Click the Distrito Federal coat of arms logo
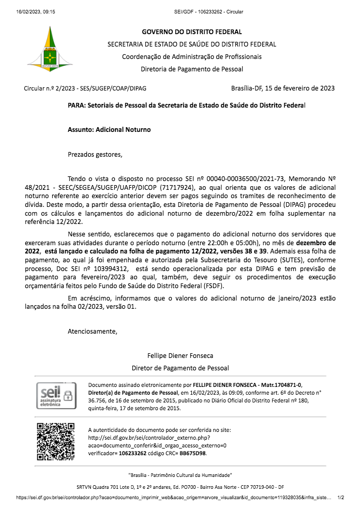click(x=50, y=49)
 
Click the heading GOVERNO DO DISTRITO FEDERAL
click(x=191, y=32)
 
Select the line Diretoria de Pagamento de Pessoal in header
click(x=191, y=69)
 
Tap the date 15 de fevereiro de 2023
click(x=300, y=88)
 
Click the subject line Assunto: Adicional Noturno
click(x=109, y=130)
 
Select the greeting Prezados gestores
click(x=96, y=154)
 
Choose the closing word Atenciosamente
click(x=93, y=332)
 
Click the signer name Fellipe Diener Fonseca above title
click(x=180, y=356)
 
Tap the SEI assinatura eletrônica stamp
click(x=56, y=396)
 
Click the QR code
click(x=56, y=441)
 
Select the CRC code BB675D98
click(x=192, y=453)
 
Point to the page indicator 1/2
click(x=341, y=498)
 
